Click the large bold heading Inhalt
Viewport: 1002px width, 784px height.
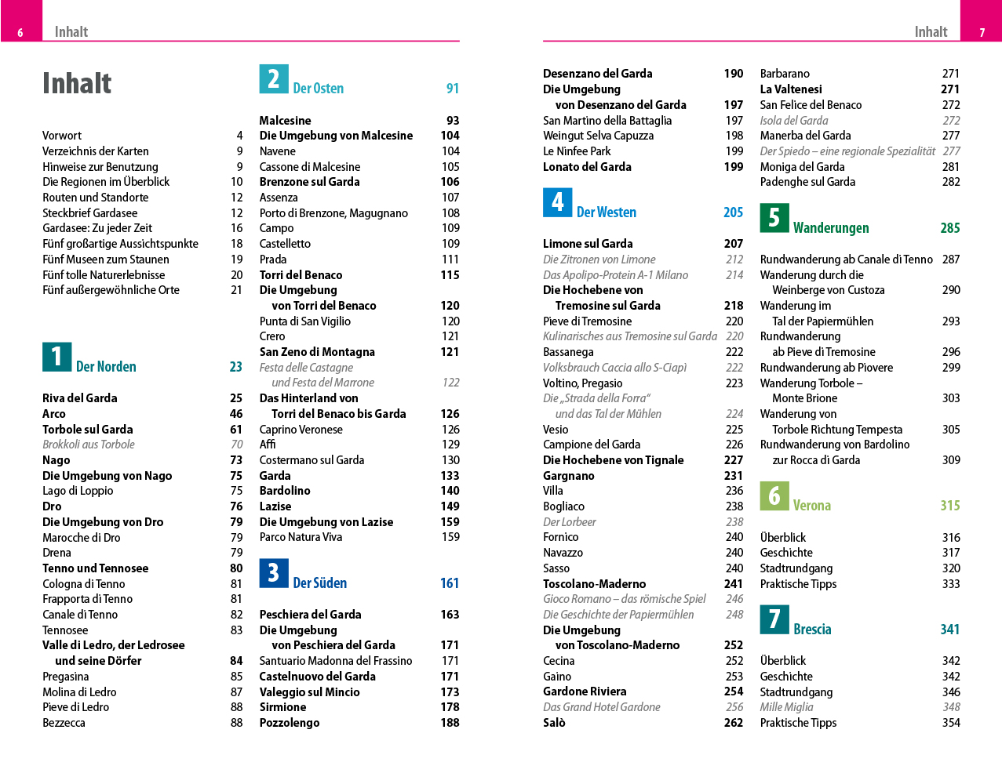pos(77,83)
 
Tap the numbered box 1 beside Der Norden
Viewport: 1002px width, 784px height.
pos(56,357)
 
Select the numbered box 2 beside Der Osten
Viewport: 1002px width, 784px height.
pos(274,79)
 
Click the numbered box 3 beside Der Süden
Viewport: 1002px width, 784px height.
pos(274,573)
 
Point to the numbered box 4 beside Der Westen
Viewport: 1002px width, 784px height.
pos(557,202)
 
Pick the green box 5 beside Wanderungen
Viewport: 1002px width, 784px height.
pos(774,218)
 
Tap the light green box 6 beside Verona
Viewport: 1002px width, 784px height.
pos(774,495)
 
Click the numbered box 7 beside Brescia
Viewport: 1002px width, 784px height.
pos(774,619)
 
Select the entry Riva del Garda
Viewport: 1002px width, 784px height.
pos(80,398)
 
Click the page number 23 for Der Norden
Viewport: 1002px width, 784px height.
pos(235,367)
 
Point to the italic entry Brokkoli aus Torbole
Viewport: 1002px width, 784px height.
pos(89,445)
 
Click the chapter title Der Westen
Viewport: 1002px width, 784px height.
pos(607,212)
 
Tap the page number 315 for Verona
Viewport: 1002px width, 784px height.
pos(949,506)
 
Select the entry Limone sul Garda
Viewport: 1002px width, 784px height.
pos(588,244)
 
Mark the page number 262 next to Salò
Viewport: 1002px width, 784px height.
pos(734,723)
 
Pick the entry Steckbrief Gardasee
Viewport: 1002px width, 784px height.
pos(90,213)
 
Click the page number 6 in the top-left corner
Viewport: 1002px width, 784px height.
pos(20,33)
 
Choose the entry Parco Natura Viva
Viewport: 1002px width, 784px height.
pos(301,537)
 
